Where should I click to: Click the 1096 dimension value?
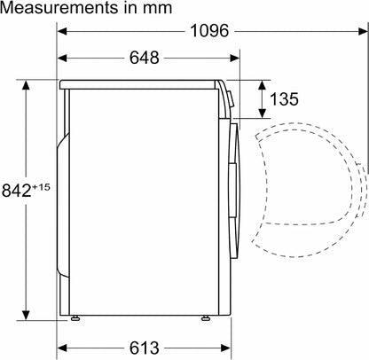click(x=209, y=30)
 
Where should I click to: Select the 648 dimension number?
click(x=145, y=58)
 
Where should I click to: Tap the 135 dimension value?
click(x=284, y=98)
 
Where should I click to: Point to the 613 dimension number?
click(x=145, y=348)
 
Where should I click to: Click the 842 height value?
click(x=17, y=191)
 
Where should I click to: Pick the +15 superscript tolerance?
click(x=41, y=187)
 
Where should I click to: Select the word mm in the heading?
click(x=157, y=9)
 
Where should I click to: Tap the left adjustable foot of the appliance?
click(x=75, y=318)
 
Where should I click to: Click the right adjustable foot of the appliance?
click(x=205, y=318)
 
